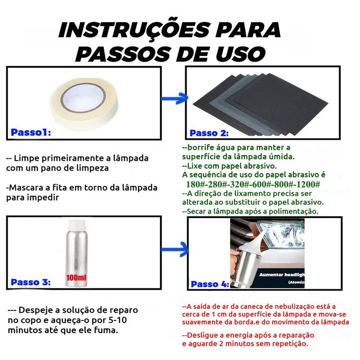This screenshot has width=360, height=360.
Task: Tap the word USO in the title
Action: pyautogui.click(x=241, y=54)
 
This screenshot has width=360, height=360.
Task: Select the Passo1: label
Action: pyautogui.click(x=31, y=132)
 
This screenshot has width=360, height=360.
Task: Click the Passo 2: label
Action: pyautogui.click(x=209, y=133)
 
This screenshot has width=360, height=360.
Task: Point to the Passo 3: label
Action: pyautogui.click(x=31, y=282)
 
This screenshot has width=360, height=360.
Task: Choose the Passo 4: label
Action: pyautogui.click(x=210, y=284)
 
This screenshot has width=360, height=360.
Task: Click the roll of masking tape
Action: pyautogui.click(x=84, y=103)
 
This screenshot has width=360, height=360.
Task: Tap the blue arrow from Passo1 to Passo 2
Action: pyautogui.click(x=175, y=99)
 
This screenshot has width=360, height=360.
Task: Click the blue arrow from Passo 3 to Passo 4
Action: pyautogui.click(x=175, y=249)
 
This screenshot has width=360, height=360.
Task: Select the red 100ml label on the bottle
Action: pyautogui.click(x=76, y=278)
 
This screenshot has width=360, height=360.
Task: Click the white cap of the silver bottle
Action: pyautogui.click(x=76, y=224)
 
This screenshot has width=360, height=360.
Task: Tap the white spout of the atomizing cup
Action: pyautogui.click(x=252, y=244)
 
